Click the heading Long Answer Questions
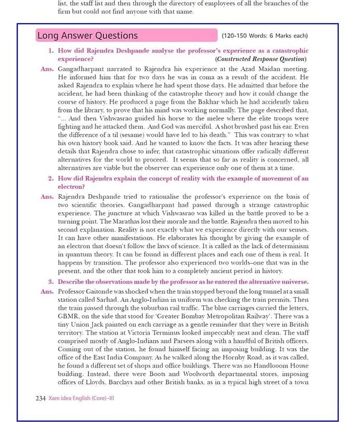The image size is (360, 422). pos(87,36)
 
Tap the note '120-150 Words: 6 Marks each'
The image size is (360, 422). pos(265,36)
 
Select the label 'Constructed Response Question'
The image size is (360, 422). pos(261,59)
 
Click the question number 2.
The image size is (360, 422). pos(51,178)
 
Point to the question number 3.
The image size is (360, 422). pos(51,281)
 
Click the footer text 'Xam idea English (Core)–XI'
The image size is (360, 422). pos(81,398)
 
